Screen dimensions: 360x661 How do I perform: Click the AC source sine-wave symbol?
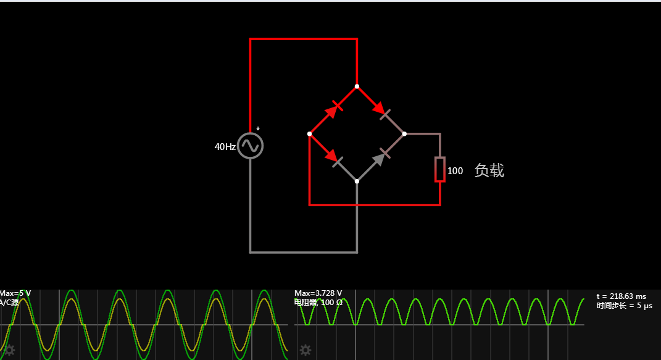click(250, 146)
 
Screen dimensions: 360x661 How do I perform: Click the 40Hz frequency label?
click(225, 147)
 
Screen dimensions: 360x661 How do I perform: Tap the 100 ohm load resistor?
click(439, 169)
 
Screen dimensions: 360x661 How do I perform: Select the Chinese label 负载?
click(489, 171)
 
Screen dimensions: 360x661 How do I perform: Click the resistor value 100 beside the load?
click(455, 171)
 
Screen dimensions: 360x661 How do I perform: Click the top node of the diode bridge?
click(357, 86)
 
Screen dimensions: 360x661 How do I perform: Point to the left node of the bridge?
click(309, 133)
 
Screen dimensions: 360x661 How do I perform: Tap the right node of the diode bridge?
click(404, 133)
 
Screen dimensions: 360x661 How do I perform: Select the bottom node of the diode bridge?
click(357, 181)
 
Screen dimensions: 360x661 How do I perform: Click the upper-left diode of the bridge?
click(333, 110)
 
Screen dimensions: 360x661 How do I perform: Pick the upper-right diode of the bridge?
click(380, 110)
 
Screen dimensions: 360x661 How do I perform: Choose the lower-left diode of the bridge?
click(333, 157)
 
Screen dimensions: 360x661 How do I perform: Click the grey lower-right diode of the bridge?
click(381, 157)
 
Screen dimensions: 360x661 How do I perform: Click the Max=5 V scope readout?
click(15, 293)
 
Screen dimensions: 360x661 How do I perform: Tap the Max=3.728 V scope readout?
click(318, 293)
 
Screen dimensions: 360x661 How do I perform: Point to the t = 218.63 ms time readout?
click(621, 296)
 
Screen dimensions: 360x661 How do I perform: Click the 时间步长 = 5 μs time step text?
click(624, 306)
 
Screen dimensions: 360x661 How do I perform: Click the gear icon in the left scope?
click(9, 351)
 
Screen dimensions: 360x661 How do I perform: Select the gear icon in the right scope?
click(305, 351)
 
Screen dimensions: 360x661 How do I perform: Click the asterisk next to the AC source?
click(258, 129)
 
